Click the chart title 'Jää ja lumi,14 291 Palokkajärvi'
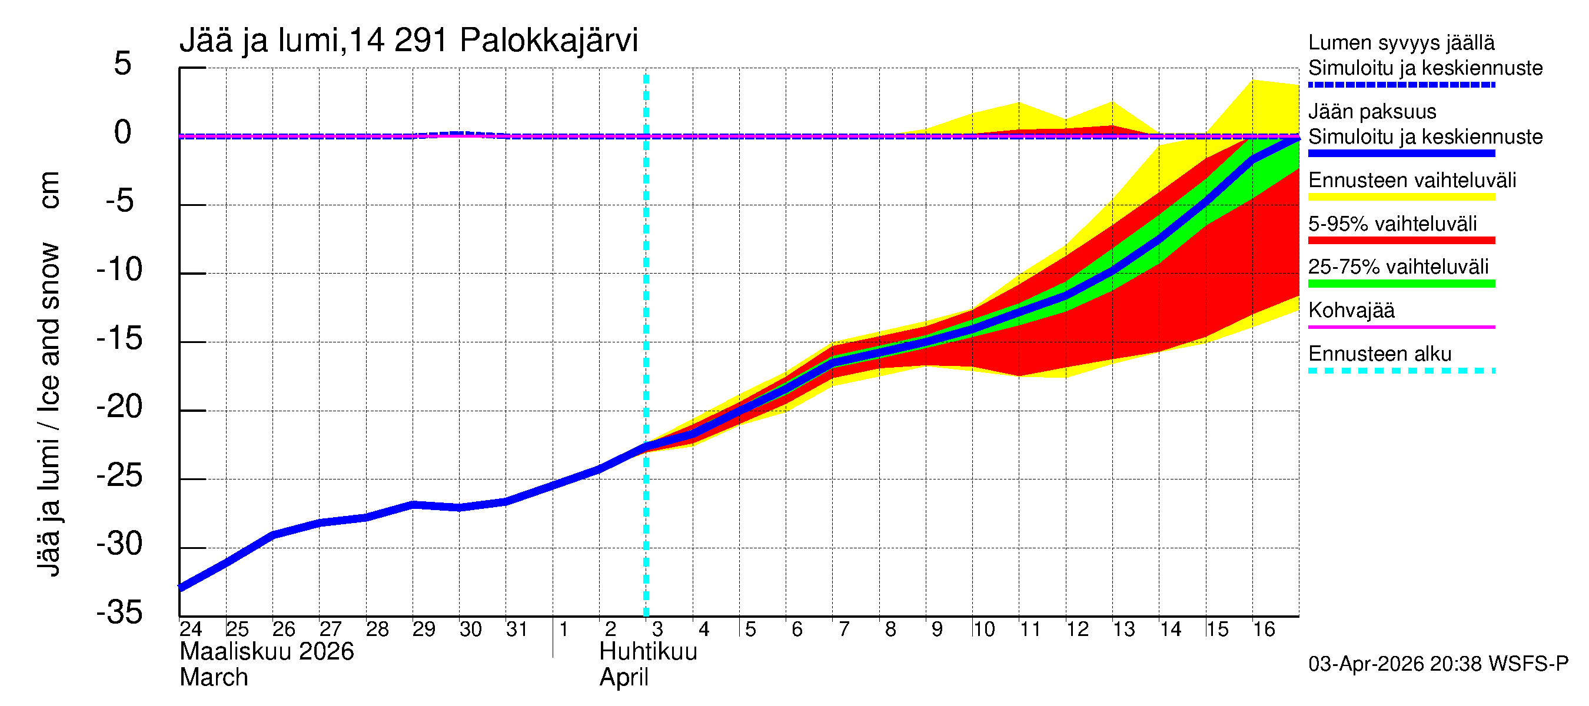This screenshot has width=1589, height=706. point(408,41)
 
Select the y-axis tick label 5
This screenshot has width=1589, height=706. point(123,64)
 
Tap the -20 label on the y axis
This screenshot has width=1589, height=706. point(119,407)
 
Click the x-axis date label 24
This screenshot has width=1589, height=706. point(191,629)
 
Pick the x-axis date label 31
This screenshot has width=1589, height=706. point(517,629)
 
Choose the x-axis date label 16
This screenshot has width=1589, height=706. point(1264,629)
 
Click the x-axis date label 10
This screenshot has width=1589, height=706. point(983,629)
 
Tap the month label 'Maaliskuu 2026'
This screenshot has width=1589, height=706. point(267,652)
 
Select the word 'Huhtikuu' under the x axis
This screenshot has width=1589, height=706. point(649,652)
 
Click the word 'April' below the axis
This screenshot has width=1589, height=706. point(624,678)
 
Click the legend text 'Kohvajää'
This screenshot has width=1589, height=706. point(1351,310)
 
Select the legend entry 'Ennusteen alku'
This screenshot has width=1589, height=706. point(1379,354)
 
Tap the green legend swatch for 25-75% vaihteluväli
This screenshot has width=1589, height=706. point(1401,284)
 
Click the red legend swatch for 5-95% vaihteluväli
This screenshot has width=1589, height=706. point(1401,241)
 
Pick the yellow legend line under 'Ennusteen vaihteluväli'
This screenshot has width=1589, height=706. point(1401,197)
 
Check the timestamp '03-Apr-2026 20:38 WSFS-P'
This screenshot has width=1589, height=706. point(1438,664)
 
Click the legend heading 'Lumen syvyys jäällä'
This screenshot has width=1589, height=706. point(1401,42)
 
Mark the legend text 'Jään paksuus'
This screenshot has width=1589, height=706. point(1372,112)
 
